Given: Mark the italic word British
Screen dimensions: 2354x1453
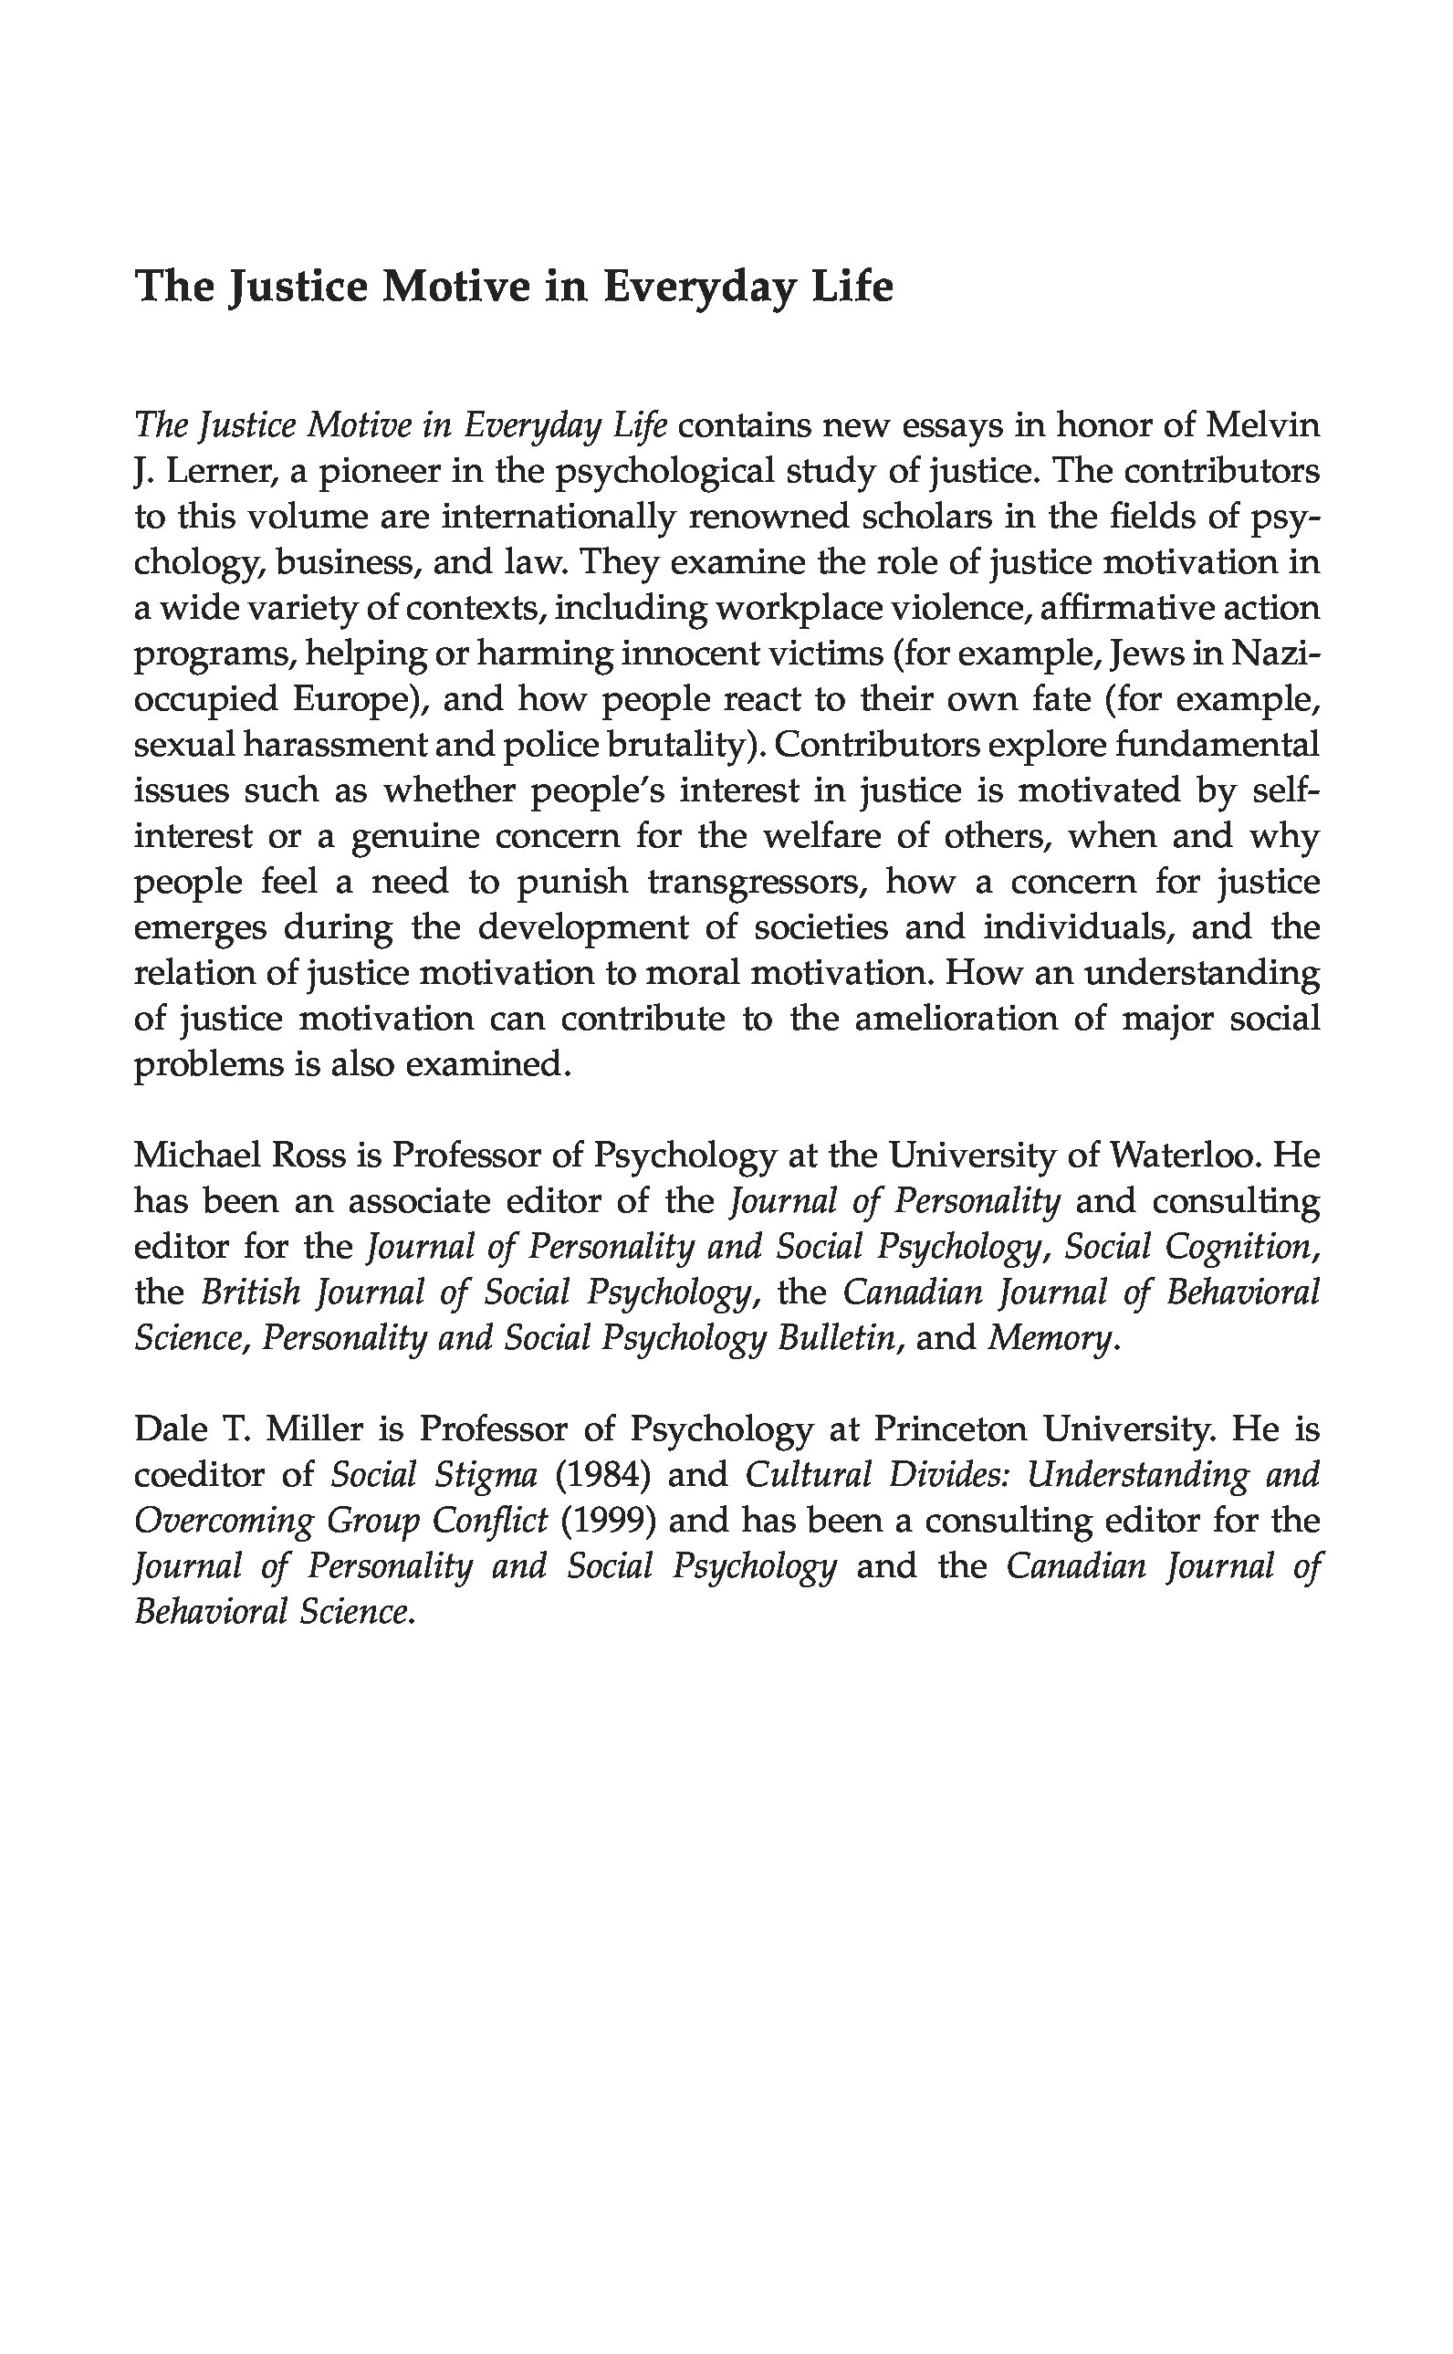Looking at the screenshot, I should [x=250, y=1292].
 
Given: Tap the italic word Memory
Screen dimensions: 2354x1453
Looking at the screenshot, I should [x=1051, y=1337].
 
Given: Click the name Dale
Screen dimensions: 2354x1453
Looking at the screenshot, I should [x=171, y=1428].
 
